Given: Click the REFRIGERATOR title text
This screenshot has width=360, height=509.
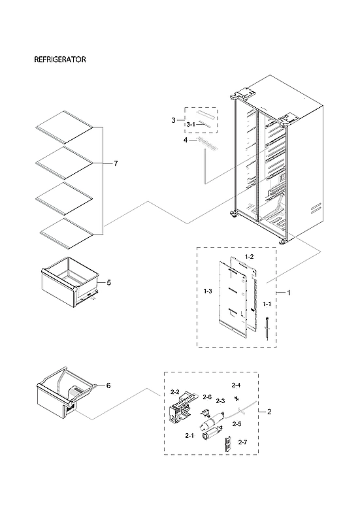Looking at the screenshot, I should pos(60,59).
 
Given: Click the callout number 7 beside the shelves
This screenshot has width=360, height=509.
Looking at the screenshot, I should pos(116,163).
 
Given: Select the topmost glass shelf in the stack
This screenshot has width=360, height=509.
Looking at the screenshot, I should pos(64,125).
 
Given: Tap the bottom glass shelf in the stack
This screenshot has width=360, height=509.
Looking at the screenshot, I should pos(67,231).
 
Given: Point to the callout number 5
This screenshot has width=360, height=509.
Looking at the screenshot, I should pos(108,283).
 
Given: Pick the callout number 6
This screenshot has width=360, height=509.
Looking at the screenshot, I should pos(108,386).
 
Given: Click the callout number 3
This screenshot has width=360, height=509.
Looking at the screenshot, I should pos(173,120).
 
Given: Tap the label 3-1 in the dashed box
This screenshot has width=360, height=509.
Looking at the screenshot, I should pos(191,124).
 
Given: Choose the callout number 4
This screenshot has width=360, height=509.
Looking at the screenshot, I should pos(185,140).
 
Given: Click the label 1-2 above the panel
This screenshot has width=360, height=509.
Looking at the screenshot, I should pos(249,257).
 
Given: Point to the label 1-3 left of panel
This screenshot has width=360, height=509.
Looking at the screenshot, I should pos(208,289).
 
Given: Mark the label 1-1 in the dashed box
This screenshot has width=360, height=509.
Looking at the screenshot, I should pos(267,305).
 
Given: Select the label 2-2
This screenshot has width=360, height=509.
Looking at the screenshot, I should pos(175,392).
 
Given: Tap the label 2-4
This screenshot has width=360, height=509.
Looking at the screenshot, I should pos(236,386).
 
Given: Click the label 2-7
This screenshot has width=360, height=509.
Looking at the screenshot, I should pos(242,442).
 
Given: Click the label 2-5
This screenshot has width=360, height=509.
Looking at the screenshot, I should pos(237,424).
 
